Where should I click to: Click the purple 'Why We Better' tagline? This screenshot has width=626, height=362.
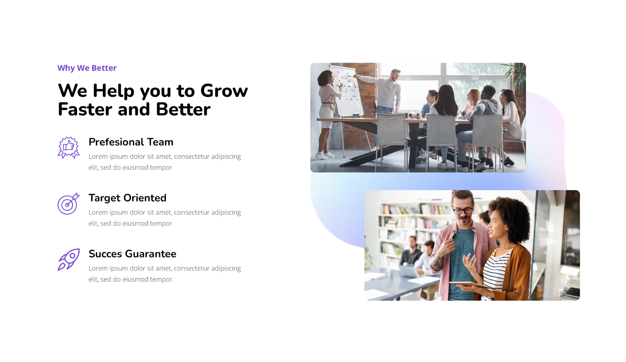click(x=87, y=68)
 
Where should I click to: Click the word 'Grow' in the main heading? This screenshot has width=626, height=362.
click(x=224, y=91)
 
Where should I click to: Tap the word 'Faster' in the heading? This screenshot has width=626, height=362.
click(x=85, y=109)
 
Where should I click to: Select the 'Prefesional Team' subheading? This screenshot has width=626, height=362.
click(x=131, y=142)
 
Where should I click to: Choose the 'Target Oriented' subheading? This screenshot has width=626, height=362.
click(x=127, y=198)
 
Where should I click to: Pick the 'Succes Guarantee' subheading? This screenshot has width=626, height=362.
click(x=132, y=254)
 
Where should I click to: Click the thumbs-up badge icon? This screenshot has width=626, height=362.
click(x=68, y=148)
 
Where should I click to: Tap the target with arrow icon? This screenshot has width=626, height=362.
click(x=68, y=204)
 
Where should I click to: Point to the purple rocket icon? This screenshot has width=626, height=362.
click(x=68, y=260)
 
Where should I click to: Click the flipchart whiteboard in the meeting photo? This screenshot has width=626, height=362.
click(x=346, y=91)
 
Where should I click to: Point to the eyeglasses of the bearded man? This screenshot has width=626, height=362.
click(x=462, y=210)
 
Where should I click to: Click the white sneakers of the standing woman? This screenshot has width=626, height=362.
click(x=324, y=155)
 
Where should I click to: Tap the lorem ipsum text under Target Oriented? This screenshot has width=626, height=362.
click(x=165, y=218)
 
